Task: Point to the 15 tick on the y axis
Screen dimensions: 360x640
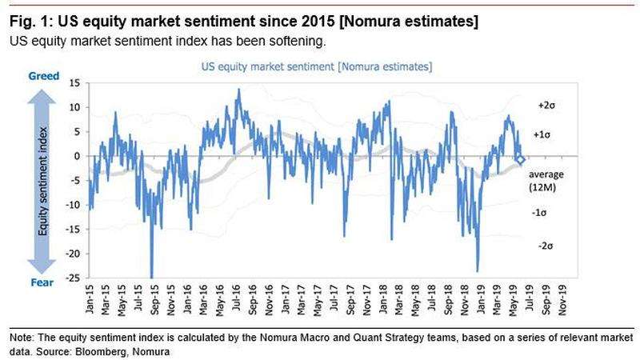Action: tap(74, 82)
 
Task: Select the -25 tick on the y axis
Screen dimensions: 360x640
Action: tap(72, 278)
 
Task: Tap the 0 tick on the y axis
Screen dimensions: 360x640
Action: tap(77, 156)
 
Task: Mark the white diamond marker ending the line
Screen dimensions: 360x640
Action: tap(521, 160)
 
